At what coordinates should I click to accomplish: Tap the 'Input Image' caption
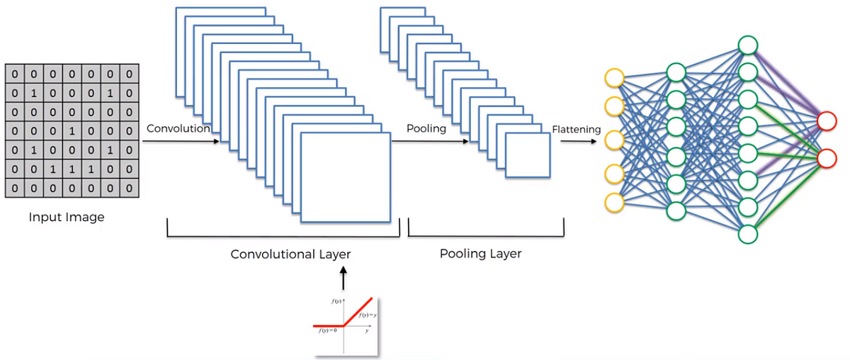[67, 218]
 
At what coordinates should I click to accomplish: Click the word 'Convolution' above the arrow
[178, 129]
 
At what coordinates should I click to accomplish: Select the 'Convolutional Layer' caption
[290, 254]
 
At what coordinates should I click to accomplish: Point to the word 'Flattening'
[576, 130]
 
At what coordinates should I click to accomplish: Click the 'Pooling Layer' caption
[480, 254]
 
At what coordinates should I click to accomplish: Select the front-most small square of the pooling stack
[527, 154]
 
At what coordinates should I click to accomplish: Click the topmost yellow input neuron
[614, 77]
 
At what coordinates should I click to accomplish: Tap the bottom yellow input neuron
[614, 202]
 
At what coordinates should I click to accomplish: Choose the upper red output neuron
[827, 121]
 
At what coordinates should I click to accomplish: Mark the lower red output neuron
[827, 158]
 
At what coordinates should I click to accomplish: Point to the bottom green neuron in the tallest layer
[748, 232]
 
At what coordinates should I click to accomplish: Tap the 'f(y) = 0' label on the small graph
[327, 330]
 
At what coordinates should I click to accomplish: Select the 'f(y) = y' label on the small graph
[366, 314]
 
